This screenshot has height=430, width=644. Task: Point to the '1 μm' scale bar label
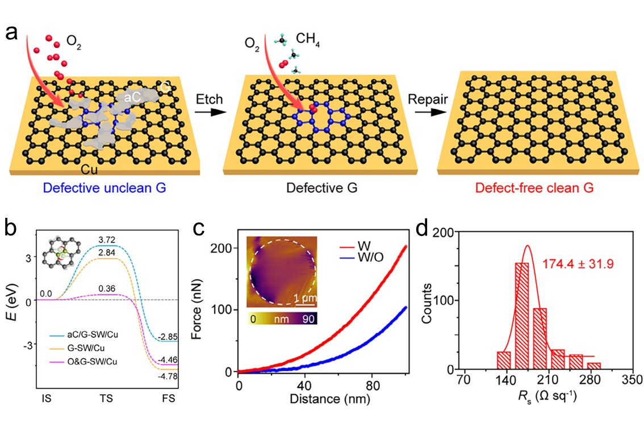click(306, 297)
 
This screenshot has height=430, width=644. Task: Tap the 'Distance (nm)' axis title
click(323, 399)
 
